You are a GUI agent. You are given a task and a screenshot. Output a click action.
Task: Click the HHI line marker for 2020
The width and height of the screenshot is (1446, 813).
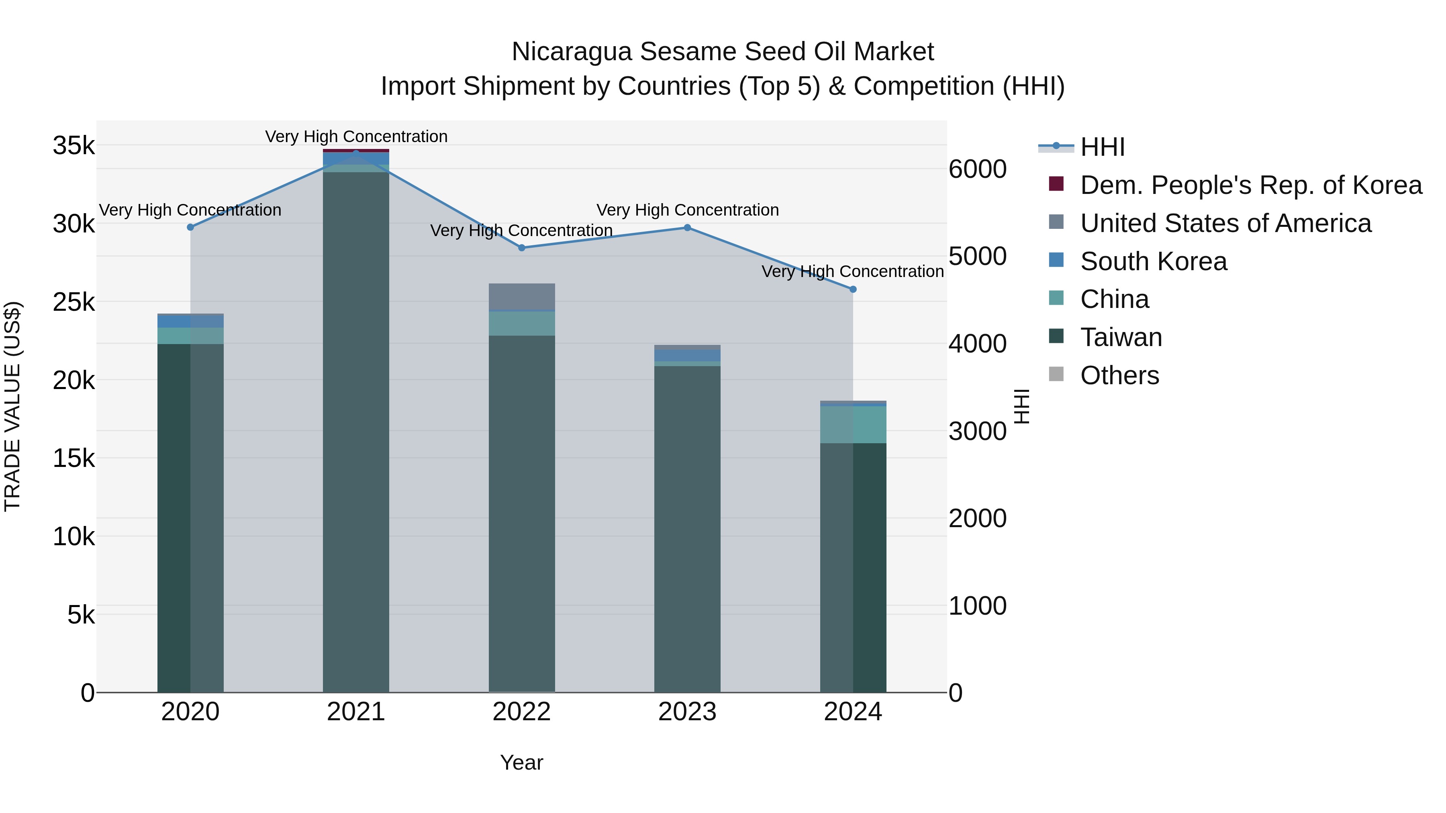coord(190,227)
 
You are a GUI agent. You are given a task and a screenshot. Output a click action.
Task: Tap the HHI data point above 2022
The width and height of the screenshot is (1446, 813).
coord(521,247)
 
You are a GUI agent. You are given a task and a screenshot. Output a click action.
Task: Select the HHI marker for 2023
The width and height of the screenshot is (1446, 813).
coord(687,228)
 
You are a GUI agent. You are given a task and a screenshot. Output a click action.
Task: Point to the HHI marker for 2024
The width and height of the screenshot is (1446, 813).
coord(853,289)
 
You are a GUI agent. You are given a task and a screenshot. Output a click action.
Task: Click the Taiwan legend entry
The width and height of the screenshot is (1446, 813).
coord(1120,337)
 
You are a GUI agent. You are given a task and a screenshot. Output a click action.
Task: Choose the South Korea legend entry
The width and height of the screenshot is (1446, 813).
coord(1153,261)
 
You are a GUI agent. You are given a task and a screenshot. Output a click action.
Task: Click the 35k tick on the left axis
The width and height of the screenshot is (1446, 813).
coord(74,146)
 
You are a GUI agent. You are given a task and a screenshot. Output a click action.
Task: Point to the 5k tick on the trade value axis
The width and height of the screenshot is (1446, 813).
coord(81,615)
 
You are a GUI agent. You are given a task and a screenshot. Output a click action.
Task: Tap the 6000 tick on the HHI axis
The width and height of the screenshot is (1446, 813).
coord(977,169)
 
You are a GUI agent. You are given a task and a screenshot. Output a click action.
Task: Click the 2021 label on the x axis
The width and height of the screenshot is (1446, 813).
coord(356,712)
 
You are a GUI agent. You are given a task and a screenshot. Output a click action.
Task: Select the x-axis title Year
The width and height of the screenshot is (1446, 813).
coord(521,762)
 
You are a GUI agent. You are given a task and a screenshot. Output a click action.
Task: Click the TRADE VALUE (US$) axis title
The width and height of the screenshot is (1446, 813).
coord(12,407)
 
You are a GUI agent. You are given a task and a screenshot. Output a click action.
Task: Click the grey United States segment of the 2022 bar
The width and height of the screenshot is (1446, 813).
coord(521,296)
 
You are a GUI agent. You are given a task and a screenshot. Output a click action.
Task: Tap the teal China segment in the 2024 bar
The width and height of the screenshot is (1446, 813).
coord(853,424)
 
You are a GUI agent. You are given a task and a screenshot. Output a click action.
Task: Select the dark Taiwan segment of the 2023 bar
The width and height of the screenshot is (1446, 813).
coord(687,528)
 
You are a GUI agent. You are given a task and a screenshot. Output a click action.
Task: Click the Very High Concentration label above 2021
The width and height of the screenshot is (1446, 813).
coord(356,137)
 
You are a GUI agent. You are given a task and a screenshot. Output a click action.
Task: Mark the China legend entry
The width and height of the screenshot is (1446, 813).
coord(1114,300)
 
